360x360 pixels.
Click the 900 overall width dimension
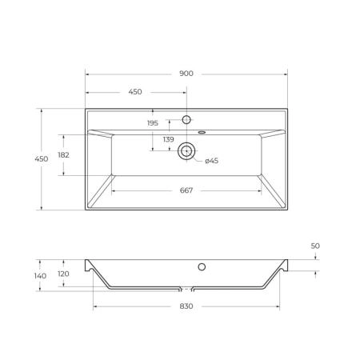(186, 74)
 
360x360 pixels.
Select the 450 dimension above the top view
(135, 92)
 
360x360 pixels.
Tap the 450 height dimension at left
(42, 159)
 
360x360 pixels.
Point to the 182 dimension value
(64, 155)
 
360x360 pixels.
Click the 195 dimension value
(153, 123)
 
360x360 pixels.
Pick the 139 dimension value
(169, 139)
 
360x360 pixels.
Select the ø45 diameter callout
(212, 161)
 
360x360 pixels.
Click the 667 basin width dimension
(186, 190)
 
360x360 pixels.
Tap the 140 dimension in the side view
(40, 276)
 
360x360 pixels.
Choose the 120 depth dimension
(63, 274)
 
